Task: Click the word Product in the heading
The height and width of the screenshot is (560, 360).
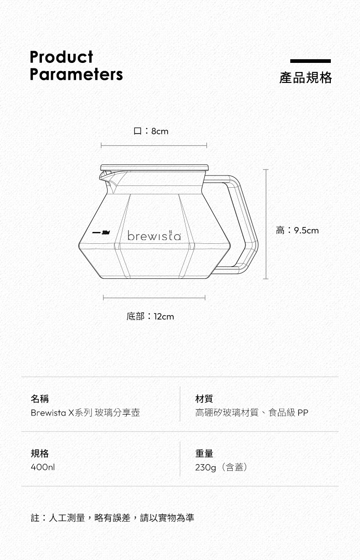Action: coord(61,57)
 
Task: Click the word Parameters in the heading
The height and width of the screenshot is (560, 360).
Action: coord(76,74)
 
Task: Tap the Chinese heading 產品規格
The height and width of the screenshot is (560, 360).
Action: coord(305,77)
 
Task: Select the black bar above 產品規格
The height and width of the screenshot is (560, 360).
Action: coord(310,61)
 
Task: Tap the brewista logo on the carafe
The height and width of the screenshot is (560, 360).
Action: coord(154,236)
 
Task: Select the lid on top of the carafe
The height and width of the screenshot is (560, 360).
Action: coord(154,167)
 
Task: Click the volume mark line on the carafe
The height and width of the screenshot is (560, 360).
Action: coord(96,232)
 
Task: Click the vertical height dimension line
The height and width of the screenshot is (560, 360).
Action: coord(266,223)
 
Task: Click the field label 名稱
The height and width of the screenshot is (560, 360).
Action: coord(40,399)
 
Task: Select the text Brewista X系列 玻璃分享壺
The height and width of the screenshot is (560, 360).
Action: coord(85,413)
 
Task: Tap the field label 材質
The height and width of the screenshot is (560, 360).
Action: coord(204,399)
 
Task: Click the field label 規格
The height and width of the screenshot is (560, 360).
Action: coord(40,453)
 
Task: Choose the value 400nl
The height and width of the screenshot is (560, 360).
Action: coord(42,468)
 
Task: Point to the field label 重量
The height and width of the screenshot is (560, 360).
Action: coord(204,453)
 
